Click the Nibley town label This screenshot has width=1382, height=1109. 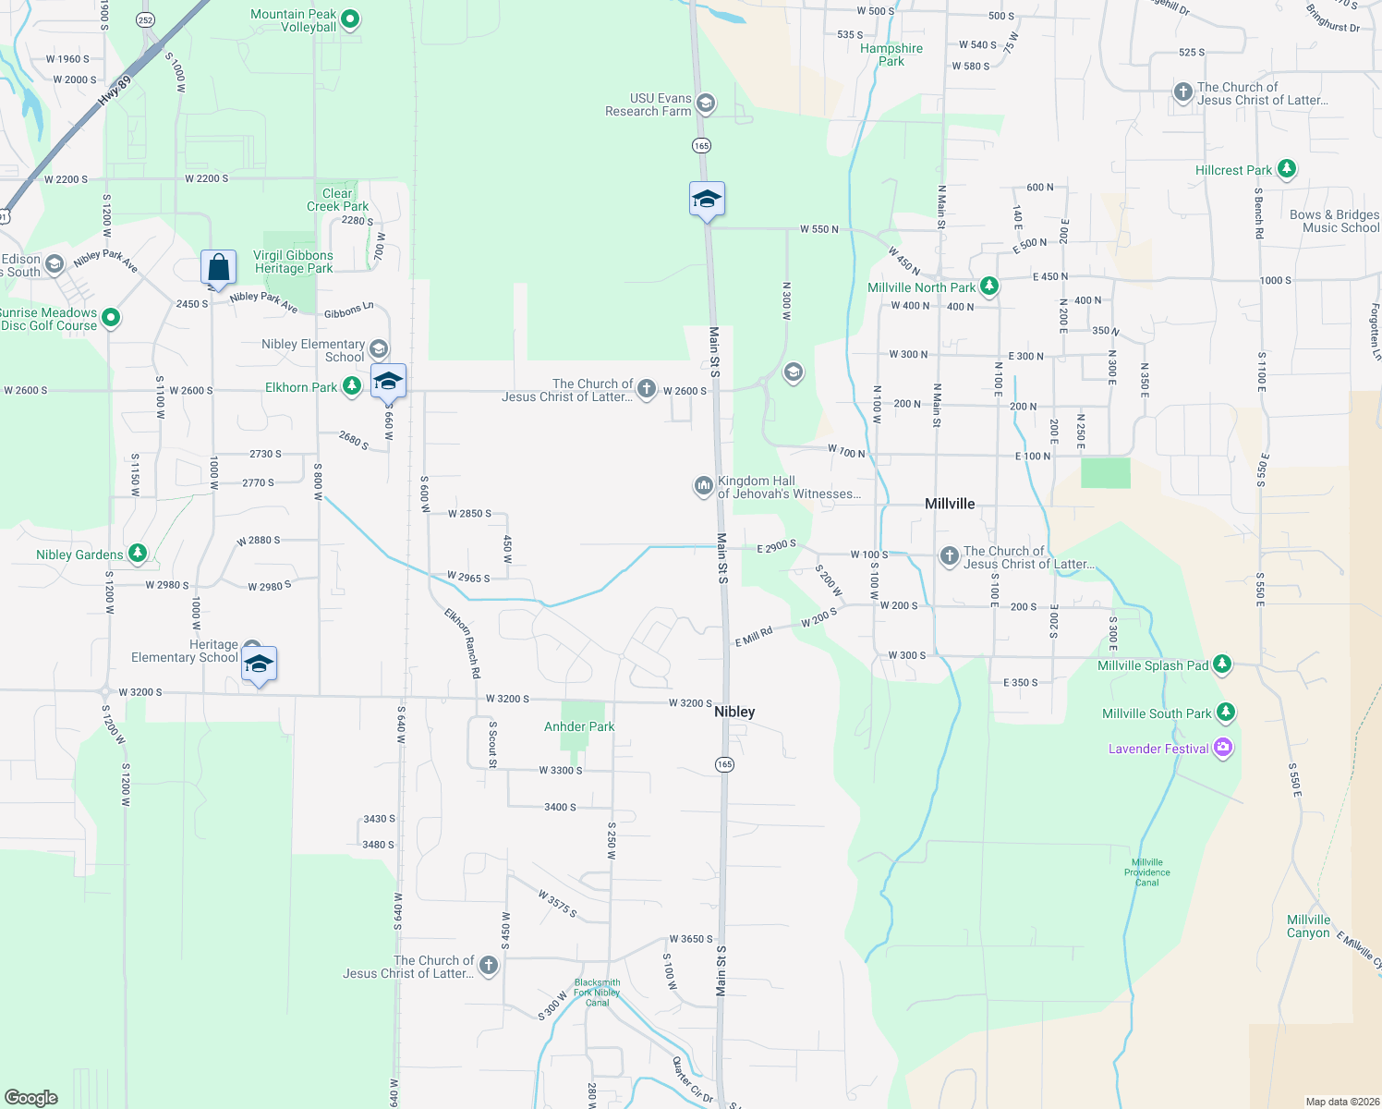[734, 712]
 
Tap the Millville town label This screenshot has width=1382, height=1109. [950, 504]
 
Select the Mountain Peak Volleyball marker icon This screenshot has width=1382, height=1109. [350, 19]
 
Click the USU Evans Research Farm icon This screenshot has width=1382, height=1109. [706, 104]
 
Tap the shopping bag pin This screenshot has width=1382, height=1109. [219, 268]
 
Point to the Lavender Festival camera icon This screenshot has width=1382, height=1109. [1223, 748]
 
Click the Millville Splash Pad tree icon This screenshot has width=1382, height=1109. [1222, 664]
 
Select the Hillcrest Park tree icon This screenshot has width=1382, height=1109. [1286, 169]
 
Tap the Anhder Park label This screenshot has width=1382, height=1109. [579, 726]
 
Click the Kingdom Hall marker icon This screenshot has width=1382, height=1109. [704, 486]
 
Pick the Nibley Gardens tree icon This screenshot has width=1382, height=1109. [138, 554]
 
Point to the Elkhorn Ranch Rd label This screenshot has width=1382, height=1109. [462, 643]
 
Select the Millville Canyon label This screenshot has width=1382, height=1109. [1308, 926]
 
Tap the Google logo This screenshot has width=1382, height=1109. [31, 1098]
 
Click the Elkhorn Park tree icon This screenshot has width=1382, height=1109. [351, 386]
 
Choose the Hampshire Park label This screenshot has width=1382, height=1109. [891, 55]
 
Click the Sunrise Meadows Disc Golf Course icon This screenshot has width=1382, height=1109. [111, 318]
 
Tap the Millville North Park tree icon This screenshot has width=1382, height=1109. [989, 286]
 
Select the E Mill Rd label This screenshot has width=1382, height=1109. [754, 638]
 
